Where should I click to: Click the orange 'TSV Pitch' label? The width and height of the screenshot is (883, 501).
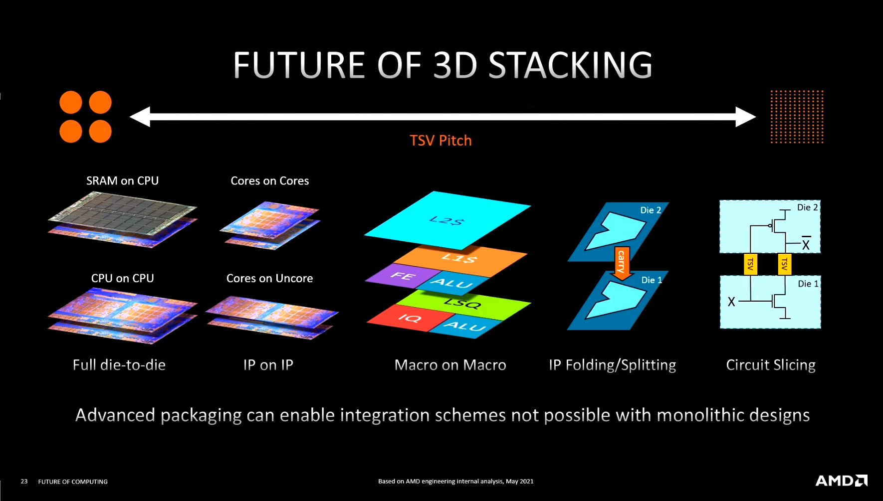[x=441, y=141]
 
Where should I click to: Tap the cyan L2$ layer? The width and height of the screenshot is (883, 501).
[x=447, y=219]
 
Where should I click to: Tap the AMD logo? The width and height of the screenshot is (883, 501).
[x=841, y=481]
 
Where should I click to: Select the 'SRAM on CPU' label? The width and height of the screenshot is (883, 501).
[x=122, y=181]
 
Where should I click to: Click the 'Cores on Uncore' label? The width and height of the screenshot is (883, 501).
[x=269, y=278]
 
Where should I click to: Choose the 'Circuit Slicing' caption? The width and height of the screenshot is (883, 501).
[x=771, y=365]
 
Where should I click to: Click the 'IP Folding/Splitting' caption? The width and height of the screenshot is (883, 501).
[x=613, y=365]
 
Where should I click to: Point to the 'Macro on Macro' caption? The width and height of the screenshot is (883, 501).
[x=450, y=365]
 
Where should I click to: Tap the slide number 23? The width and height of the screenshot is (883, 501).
[x=24, y=482]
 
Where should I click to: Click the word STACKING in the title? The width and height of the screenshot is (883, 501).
[x=570, y=65]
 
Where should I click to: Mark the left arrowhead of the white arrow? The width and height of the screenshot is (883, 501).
[x=140, y=117]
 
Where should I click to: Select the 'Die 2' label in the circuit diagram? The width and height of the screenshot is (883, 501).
[x=807, y=207]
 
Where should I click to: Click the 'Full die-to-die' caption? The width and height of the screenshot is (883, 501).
[x=119, y=365]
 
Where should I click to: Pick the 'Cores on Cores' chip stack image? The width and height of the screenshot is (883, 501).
[x=270, y=225]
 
